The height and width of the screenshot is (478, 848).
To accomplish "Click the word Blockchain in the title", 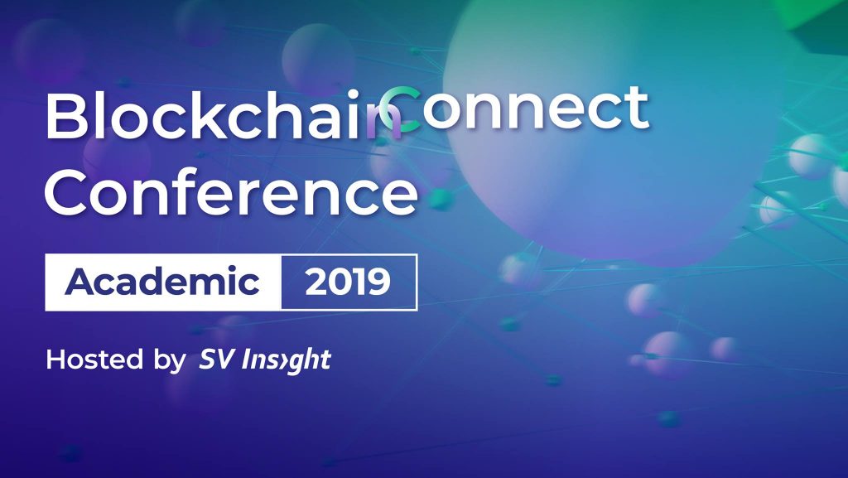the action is (x=224, y=116).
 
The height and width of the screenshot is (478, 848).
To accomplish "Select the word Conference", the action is (x=232, y=191).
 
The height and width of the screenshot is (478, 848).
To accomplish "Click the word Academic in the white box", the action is (x=161, y=281).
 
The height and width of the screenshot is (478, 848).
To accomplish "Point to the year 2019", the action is (x=348, y=282).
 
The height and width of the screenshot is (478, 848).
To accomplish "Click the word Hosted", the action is (x=94, y=359).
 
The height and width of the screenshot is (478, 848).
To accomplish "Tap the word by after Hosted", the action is (x=169, y=360).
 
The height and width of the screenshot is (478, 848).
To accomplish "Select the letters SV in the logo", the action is (x=217, y=359).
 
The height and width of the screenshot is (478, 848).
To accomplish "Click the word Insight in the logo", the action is (x=286, y=360).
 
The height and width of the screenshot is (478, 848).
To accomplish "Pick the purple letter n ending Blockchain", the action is (x=384, y=124).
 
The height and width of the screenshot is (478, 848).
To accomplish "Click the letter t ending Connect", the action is (x=637, y=109).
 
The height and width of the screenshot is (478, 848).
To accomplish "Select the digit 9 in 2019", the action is (x=378, y=282).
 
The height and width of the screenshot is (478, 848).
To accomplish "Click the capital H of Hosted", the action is (x=56, y=359).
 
